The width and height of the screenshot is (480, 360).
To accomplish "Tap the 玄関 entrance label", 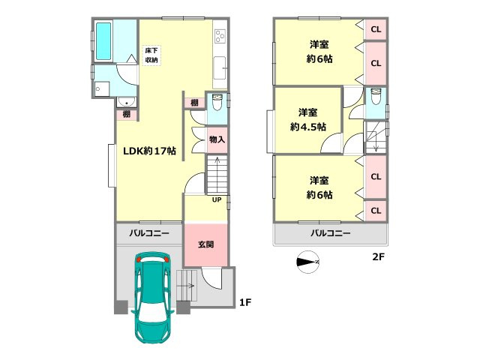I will click(x=205, y=244).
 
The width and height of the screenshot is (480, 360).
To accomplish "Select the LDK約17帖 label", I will click(x=150, y=151).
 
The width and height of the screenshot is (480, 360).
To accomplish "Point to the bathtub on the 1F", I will click(x=104, y=41).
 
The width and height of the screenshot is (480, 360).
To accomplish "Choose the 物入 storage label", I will click(x=217, y=139).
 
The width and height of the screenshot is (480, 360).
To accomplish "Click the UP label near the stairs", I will click(x=216, y=200).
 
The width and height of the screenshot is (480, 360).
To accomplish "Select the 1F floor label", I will click(x=244, y=302).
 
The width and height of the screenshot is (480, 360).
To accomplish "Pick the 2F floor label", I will click(x=379, y=257).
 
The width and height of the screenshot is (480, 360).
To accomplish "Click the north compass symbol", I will click(x=309, y=262).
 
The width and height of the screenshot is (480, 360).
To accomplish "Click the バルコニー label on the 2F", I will click(x=330, y=234).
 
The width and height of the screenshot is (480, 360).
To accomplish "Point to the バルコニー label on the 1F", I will click(x=148, y=234).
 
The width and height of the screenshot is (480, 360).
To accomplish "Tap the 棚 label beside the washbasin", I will click(x=127, y=114).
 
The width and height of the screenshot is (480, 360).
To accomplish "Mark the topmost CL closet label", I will click(x=376, y=29).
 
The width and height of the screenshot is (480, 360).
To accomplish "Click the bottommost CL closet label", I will click(x=376, y=211).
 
